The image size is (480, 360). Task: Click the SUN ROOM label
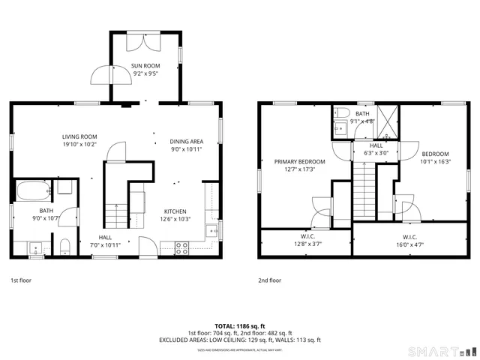point(145,67)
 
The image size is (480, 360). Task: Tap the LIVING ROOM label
point(80,136)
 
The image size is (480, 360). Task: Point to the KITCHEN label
point(175,211)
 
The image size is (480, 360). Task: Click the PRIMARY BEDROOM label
point(299,162)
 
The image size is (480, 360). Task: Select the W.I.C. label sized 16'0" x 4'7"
point(414,244)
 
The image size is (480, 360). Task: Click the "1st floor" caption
point(20,280)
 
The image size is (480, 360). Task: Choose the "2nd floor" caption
point(270,280)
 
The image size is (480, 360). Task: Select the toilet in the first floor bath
point(64,246)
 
